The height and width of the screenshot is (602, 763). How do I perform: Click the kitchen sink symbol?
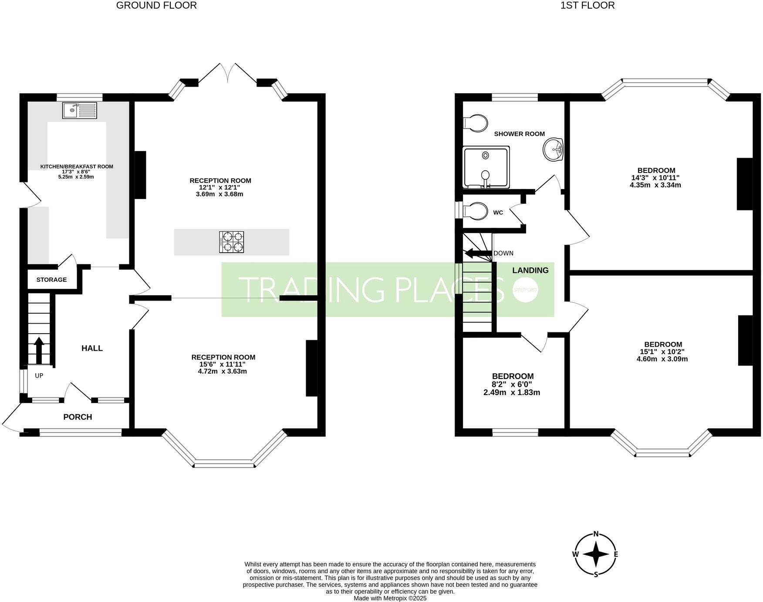coord(79,110)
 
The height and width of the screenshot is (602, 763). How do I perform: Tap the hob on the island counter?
coord(232,242)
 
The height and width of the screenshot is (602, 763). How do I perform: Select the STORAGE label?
coord(51,280)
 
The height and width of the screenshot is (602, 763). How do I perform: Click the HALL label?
coord(92,348)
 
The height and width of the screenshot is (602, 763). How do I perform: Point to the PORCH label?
coord(78,417)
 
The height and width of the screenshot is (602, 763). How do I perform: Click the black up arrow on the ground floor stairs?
coord(39,350)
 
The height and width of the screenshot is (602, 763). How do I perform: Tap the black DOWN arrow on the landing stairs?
coord(476,254)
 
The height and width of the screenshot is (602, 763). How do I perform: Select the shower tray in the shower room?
coord(486,167)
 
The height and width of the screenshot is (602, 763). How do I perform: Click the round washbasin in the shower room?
coord(553,149)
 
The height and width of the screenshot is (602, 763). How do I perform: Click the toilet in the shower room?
coord(475,123)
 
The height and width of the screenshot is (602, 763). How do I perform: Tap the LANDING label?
coord(530,271)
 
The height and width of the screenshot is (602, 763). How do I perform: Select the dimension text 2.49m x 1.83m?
coord(512,392)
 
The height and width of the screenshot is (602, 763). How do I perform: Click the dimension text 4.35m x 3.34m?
coord(655,185)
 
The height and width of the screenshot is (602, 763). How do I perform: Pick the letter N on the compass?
coord(596,534)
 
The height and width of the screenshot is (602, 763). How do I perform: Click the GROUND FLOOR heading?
coord(156,5)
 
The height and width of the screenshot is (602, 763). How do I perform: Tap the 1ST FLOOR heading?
coord(587,5)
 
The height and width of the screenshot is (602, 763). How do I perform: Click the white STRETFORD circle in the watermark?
coord(525,289)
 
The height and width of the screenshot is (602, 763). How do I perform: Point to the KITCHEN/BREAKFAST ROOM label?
coord(77,166)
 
